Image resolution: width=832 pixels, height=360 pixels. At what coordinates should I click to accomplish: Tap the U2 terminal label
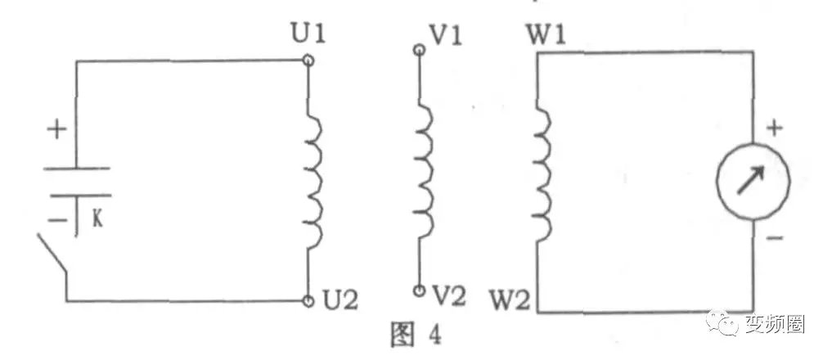340,301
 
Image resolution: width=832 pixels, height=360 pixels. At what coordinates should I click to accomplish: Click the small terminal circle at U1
308,60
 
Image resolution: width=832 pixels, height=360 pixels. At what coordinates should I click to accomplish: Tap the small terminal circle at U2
308,301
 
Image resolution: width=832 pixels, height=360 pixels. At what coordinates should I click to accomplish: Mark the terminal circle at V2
419,290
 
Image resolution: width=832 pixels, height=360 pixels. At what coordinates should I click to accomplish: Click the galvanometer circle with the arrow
753,182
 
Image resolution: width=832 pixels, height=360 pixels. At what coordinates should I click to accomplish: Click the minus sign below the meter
776,238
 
